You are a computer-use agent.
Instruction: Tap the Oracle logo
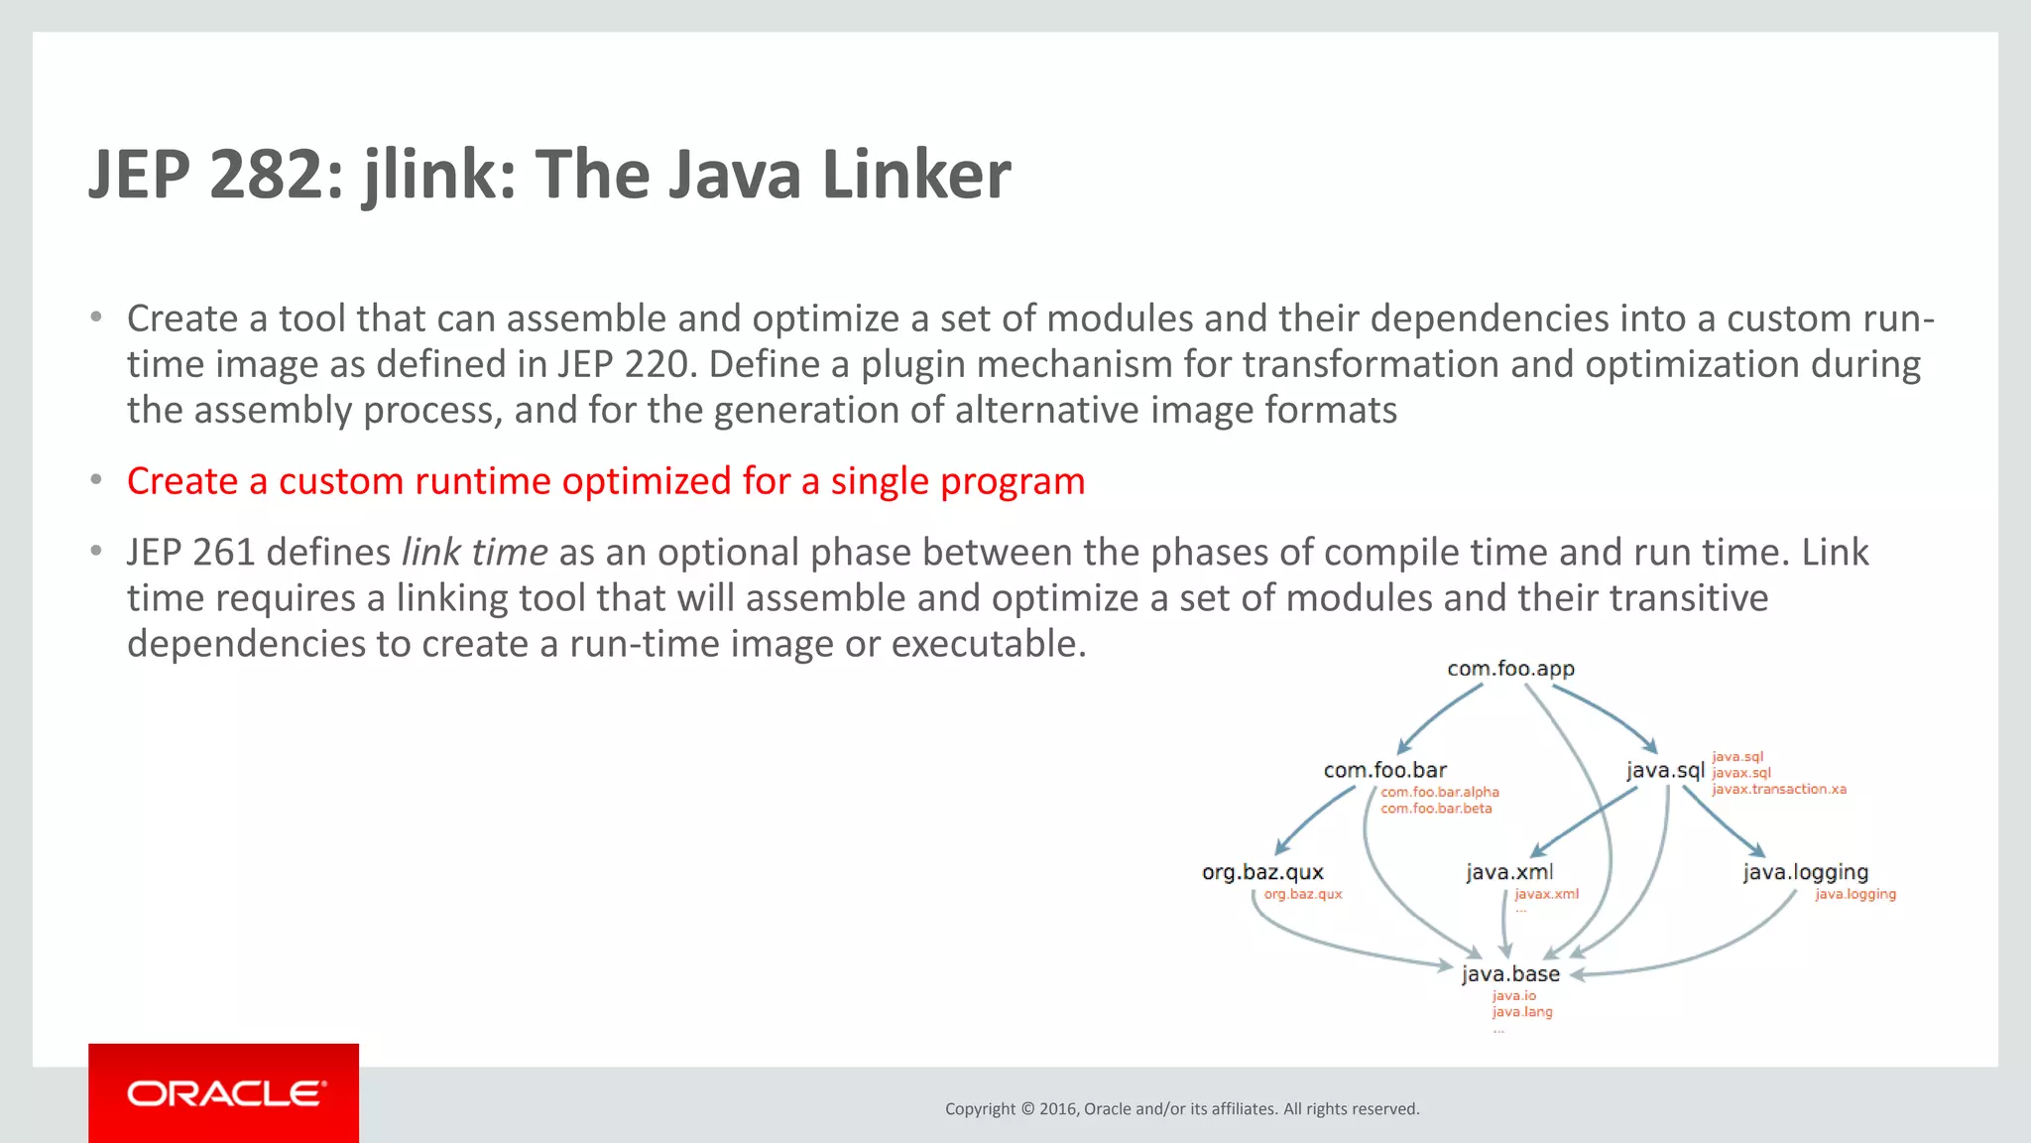[224, 1093]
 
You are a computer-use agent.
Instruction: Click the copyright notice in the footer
[1182, 1108]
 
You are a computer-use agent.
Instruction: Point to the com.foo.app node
[1510, 669]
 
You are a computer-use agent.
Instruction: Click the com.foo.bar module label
[1384, 770]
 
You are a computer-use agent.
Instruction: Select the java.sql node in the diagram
[1665, 770]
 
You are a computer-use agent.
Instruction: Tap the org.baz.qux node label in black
[1262, 872]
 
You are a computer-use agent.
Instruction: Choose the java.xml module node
[1509, 872]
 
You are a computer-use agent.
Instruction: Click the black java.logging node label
[1805, 872]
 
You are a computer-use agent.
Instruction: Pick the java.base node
[1510, 974]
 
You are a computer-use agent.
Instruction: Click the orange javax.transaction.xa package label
[1779, 790]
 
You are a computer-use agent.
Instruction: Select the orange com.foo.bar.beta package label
[1436, 809]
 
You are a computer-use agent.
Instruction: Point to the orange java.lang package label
[1522, 1012]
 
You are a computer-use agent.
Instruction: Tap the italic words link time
[474, 553]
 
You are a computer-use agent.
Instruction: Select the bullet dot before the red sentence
[96, 480]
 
